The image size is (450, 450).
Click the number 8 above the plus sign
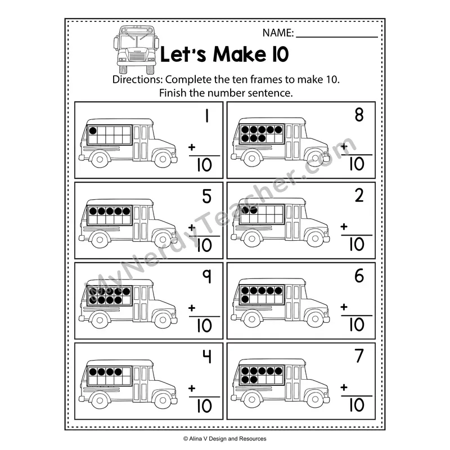coord(359,115)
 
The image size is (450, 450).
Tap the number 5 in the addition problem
coord(206,196)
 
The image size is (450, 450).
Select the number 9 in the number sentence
coord(207,276)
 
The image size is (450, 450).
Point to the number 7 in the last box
coord(359,356)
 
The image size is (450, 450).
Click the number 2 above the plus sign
coord(359,195)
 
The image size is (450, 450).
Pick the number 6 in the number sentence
coord(359,276)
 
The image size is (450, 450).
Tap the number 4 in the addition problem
coord(207,357)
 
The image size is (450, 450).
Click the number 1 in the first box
coord(206,116)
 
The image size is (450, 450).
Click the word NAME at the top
coord(278,33)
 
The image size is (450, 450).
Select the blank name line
coord(337,37)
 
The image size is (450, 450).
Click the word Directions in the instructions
coord(137,79)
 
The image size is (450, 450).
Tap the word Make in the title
coord(239,54)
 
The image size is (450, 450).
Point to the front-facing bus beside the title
coord(136,49)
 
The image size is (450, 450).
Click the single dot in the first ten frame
coord(93,131)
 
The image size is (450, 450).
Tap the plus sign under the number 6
coord(344,307)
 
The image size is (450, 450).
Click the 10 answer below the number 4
coord(204,406)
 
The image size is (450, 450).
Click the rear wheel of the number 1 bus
coord(100,159)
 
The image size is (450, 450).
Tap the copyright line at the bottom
coord(224,439)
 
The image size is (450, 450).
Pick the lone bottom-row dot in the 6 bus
coord(245,299)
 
